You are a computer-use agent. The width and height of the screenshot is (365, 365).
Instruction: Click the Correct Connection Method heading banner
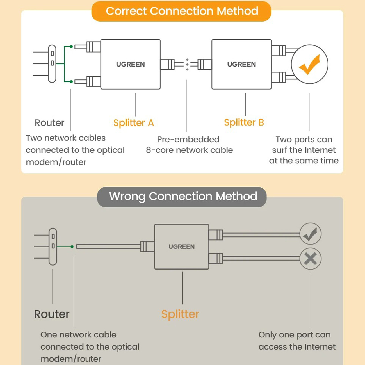(181, 11)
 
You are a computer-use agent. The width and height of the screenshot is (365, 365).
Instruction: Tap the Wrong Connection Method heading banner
(182, 197)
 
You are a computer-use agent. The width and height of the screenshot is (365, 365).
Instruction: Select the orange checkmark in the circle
(309, 64)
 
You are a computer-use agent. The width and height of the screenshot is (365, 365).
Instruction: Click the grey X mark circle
(310, 259)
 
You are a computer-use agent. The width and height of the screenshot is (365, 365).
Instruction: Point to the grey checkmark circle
(310, 234)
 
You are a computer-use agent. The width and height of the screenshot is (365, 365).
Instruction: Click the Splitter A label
(133, 123)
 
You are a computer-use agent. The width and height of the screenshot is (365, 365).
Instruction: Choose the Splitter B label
(244, 122)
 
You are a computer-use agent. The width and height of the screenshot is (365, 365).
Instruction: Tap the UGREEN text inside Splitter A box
(130, 64)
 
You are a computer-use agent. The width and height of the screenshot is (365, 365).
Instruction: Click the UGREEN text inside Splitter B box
(241, 64)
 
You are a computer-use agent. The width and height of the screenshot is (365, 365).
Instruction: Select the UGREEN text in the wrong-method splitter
(181, 247)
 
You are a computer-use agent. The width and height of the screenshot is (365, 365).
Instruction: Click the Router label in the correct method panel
(49, 123)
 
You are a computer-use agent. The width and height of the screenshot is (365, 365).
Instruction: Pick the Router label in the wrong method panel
(52, 314)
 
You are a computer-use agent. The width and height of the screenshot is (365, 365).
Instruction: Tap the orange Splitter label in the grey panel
(180, 314)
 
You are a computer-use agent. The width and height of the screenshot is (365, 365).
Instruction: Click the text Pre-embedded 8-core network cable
(189, 145)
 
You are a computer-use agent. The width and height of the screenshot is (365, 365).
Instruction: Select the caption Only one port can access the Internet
(297, 341)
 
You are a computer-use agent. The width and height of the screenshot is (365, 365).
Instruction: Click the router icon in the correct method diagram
(52, 64)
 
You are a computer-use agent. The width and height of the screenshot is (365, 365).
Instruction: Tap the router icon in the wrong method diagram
(53, 247)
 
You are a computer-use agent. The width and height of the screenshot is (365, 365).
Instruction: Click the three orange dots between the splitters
(187, 65)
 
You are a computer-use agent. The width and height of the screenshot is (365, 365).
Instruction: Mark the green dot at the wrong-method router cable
(72, 247)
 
